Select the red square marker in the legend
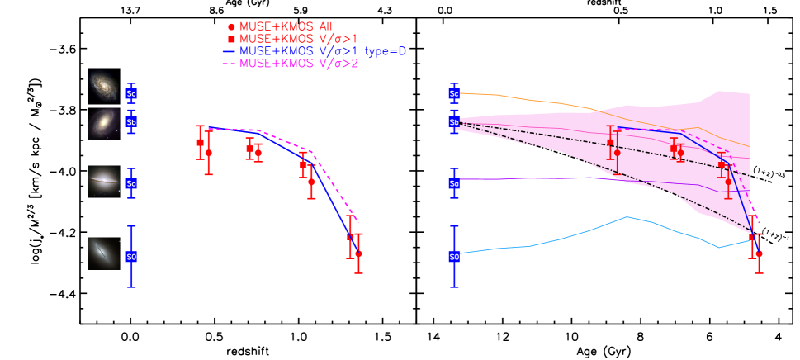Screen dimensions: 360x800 click(231, 39)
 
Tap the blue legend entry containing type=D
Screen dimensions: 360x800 click(323, 51)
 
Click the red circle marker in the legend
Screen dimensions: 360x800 click(231, 26)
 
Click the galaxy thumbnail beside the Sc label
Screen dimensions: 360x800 click(104, 85)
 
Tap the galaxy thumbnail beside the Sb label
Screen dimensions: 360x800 click(104, 123)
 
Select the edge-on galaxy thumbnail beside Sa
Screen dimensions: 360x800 click(104, 181)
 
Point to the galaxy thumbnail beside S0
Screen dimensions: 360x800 click(104, 253)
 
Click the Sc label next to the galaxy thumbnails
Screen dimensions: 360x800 click(130, 93)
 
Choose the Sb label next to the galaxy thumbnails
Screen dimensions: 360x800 click(130, 122)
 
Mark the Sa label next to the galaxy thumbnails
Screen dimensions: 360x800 click(130, 183)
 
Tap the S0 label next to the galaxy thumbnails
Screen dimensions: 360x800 click(130, 257)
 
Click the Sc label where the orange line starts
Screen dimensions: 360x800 click(454, 93)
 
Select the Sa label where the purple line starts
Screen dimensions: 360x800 click(454, 183)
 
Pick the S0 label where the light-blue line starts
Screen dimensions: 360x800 click(454, 257)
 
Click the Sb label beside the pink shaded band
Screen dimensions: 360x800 click(454, 122)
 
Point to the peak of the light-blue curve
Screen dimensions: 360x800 click(627, 217)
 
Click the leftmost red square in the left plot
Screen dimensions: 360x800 click(200, 143)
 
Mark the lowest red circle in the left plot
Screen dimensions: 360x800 click(358, 254)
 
